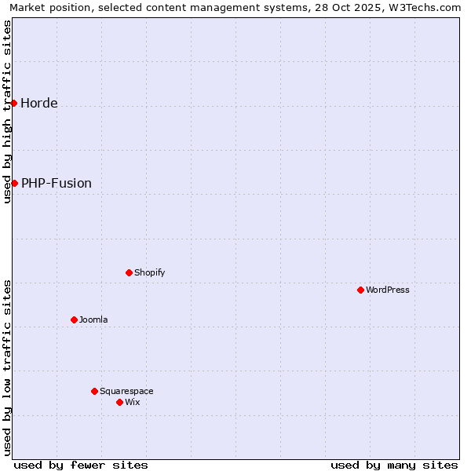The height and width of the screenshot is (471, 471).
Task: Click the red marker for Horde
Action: [x=13, y=103]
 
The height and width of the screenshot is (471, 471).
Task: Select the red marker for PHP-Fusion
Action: [x=14, y=183]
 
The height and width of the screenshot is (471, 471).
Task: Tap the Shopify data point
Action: [x=129, y=272]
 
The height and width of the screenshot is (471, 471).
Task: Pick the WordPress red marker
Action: [x=360, y=290]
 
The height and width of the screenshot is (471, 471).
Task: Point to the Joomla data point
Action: [x=74, y=319]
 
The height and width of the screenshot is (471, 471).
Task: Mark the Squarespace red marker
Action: [x=94, y=391]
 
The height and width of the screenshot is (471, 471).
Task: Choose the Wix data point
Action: [x=119, y=402]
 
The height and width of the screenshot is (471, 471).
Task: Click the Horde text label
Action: [x=38, y=103]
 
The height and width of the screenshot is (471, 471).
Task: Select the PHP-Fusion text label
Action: [x=56, y=183]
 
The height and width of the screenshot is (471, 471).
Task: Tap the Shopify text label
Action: [x=149, y=272]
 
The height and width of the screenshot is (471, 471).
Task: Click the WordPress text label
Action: [x=387, y=290]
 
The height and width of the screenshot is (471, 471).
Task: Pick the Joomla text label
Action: [x=93, y=319]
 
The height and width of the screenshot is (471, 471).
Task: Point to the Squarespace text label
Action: [x=126, y=391]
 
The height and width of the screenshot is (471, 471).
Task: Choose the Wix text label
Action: [x=132, y=402]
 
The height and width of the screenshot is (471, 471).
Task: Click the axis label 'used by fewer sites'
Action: [x=81, y=465]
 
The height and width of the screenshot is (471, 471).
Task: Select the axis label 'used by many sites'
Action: [x=394, y=465]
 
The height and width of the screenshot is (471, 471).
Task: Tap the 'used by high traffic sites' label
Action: [x=7, y=111]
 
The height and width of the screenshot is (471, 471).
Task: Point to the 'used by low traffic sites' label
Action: [x=7, y=367]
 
